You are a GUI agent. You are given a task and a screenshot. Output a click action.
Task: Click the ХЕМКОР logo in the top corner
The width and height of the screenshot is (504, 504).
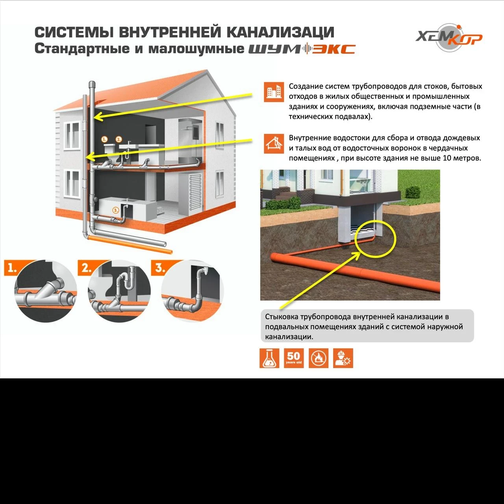pos(449,38)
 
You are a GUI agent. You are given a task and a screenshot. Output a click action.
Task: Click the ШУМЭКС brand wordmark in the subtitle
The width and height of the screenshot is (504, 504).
pos(302,49)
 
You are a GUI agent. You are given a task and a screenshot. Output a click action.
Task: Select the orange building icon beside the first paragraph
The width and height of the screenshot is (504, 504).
pos(274,92)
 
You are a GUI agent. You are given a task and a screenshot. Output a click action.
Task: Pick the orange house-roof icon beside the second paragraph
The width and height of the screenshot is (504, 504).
pos(274,143)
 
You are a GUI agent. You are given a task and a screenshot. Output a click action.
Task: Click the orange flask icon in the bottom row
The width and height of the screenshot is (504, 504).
pos(269,358)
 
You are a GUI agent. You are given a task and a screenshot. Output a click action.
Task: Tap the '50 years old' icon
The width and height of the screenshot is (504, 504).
pos(294,358)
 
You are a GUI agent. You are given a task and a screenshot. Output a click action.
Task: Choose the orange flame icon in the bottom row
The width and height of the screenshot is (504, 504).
pos(318,358)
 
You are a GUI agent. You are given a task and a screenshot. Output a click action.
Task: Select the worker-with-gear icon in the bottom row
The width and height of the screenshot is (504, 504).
pos(343,358)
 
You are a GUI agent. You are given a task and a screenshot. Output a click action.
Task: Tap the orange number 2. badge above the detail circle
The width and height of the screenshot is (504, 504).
pos(86,268)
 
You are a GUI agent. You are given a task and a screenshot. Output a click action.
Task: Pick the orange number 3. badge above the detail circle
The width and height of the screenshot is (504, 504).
pos(159,268)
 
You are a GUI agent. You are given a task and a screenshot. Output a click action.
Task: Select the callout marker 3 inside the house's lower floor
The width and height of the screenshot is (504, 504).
pos(115,210)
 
